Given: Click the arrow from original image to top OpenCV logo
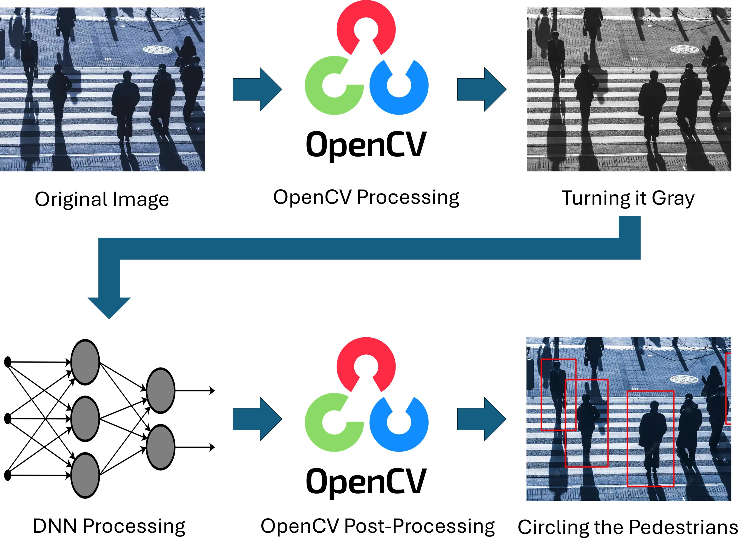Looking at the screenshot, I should point(257,89).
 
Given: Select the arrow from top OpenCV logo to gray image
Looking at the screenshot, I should point(481,89).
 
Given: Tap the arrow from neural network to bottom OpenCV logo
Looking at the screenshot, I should point(257,419).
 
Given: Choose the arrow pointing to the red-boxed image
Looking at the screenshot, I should point(481,419).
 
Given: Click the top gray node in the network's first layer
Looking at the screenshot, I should point(85,362).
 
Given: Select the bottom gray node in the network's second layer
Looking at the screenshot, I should point(160,447).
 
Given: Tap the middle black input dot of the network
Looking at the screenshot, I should point(7,418).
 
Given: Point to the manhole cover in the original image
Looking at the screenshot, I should point(157,50).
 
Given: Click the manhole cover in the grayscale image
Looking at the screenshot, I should point(684,50).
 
